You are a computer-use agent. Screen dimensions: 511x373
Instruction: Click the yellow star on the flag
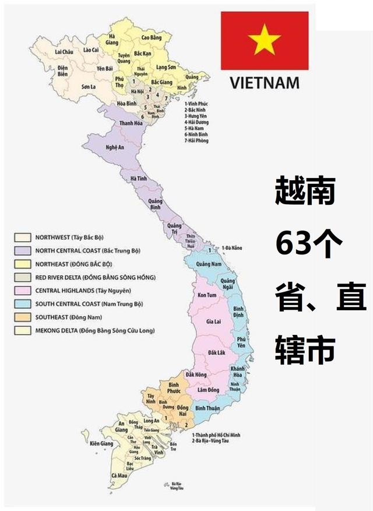pyautogui.click(x=264, y=40)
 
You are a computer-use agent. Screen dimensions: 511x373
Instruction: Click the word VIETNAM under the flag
pyautogui.click(x=264, y=82)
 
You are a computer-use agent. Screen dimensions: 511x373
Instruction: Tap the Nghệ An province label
pyautogui.click(x=114, y=148)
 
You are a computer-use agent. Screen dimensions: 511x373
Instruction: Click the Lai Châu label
pyautogui.click(x=64, y=52)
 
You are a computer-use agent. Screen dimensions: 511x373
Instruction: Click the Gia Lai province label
pyautogui.click(x=213, y=321)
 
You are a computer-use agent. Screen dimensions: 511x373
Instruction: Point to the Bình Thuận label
pyautogui.click(x=207, y=408)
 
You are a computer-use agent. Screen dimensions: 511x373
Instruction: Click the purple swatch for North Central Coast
pyautogui.click(x=23, y=250)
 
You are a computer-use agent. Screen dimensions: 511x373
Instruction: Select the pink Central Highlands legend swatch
pyautogui.click(x=23, y=290)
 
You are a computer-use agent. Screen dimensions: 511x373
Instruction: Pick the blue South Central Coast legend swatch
pyautogui.click(x=23, y=304)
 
